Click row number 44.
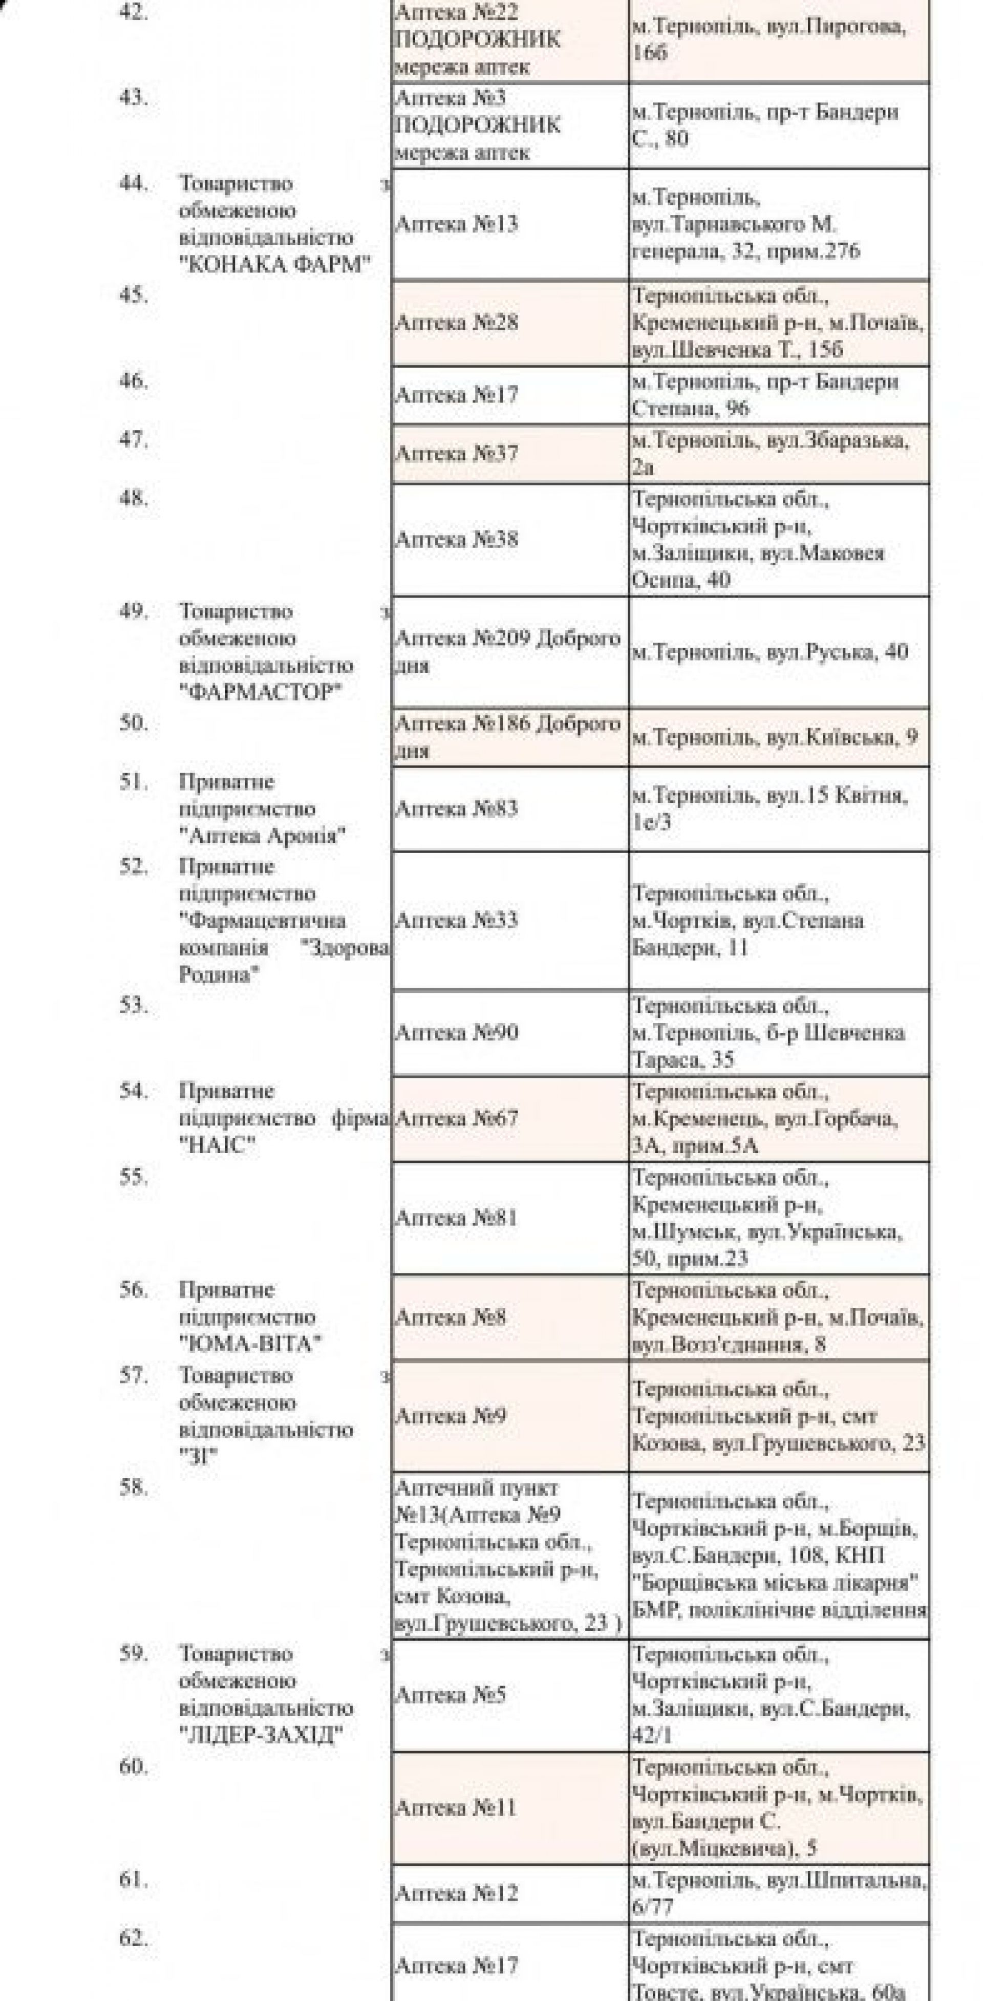133,184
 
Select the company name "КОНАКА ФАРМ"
275,265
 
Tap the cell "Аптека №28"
457,323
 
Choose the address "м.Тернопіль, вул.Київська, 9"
774,737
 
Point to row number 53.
133,1005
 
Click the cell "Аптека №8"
451,1317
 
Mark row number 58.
133,1487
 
